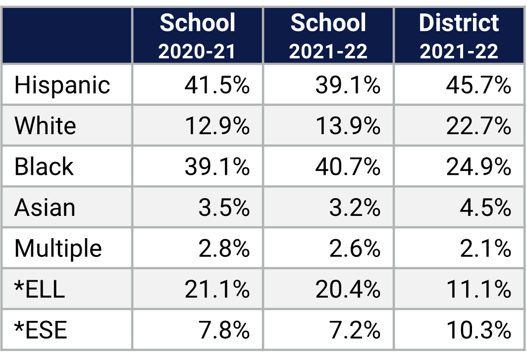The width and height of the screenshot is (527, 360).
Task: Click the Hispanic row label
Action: click(62, 85)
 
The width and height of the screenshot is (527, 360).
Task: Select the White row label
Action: click(45, 126)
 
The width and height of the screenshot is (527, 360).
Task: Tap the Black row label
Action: click(44, 166)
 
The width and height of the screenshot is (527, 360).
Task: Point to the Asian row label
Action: click(45, 207)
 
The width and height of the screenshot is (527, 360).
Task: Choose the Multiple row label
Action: click(58, 248)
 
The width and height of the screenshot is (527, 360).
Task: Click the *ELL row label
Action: click(40, 289)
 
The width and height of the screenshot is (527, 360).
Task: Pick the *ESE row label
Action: click(41, 330)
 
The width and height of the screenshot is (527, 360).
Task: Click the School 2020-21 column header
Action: click(198, 36)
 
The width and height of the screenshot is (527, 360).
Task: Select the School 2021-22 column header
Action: click(328, 36)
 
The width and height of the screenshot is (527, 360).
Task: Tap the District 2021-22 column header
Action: click(459, 36)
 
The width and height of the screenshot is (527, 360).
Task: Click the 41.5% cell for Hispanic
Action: click(217, 85)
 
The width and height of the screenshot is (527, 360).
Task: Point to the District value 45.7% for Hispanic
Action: click(478, 85)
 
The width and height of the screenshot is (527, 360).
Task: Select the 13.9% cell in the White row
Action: click(348, 126)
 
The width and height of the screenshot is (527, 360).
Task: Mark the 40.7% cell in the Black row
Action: click(348, 166)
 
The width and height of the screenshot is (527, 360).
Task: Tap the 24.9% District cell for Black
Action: click(478, 166)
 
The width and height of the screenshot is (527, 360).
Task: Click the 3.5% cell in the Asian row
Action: click(224, 207)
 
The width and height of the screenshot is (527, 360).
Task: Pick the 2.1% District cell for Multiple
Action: click(485, 248)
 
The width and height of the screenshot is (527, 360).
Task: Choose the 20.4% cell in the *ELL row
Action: click(348, 289)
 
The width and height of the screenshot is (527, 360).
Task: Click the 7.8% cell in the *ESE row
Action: click(224, 330)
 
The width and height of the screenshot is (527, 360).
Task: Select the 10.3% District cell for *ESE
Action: click(478, 330)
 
